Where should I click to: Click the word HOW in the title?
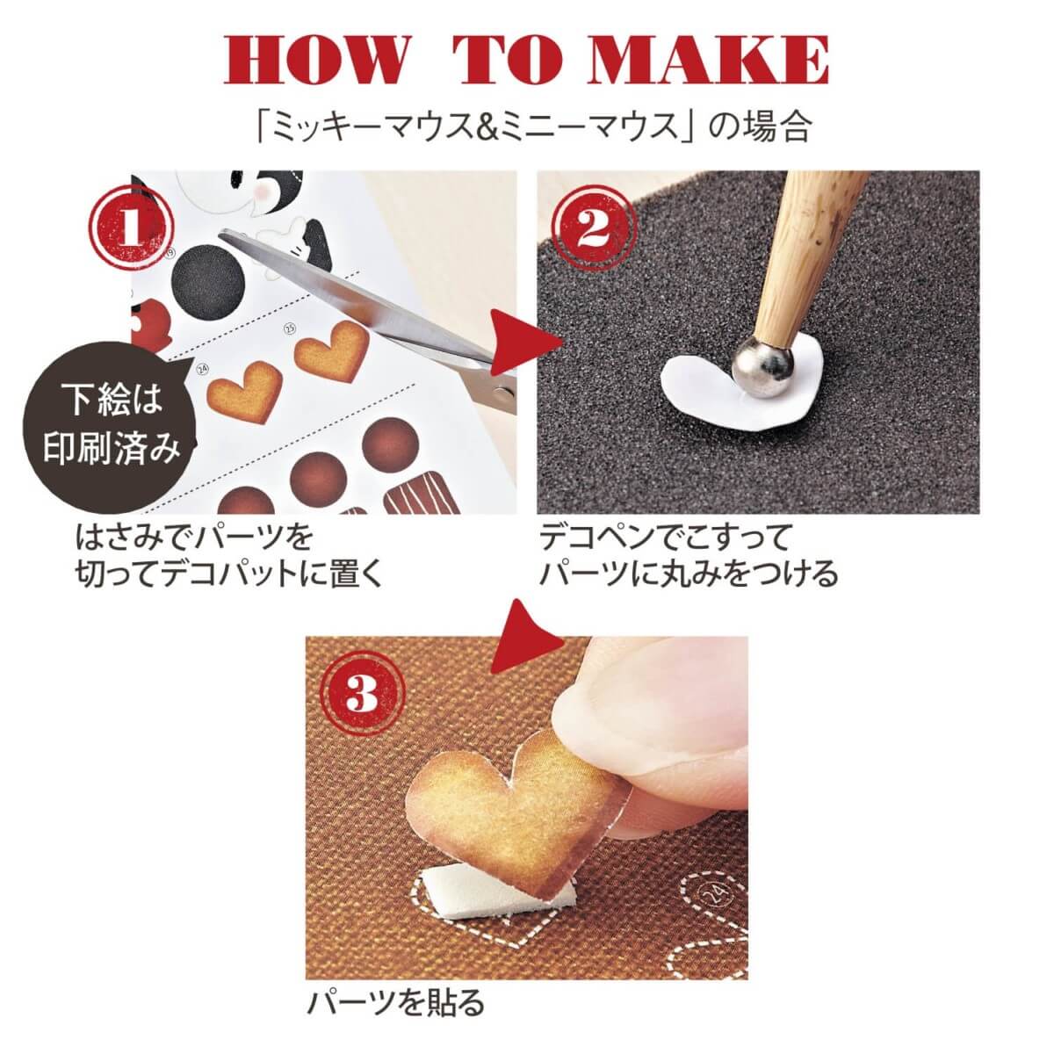point(317,61)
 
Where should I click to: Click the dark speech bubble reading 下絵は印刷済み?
point(110,424)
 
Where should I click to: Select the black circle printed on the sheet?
point(208,280)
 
